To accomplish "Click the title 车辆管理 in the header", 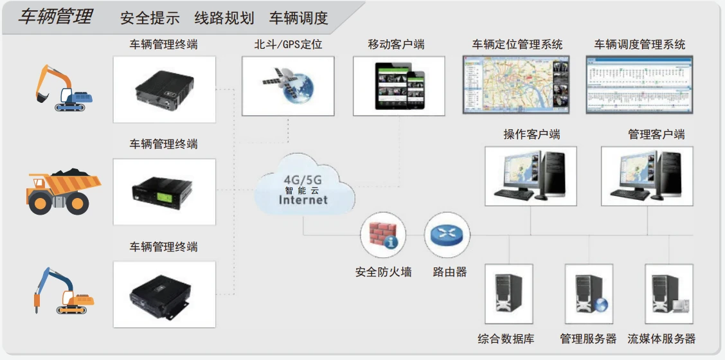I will (55, 17).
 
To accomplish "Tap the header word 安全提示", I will (150, 18).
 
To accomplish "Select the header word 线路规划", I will (224, 18).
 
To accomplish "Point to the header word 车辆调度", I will (298, 18).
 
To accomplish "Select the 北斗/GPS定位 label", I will (288, 45).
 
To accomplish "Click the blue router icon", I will (447, 234).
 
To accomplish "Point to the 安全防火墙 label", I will (383, 272).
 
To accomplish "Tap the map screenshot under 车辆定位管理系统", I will (517, 84).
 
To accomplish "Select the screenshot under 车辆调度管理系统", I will (640, 84).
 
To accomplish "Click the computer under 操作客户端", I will (530, 175).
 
